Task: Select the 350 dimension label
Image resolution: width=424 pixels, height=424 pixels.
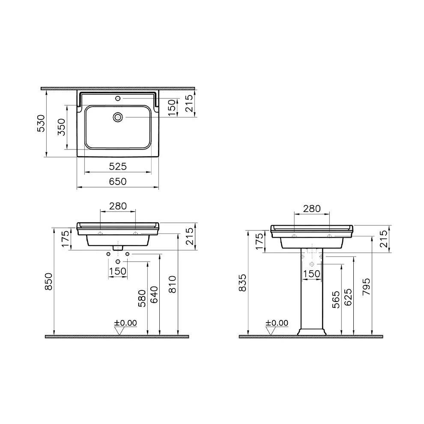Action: (61, 127)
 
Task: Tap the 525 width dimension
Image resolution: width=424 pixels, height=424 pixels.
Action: (117, 166)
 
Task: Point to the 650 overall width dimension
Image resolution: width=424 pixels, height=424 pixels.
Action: (117, 182)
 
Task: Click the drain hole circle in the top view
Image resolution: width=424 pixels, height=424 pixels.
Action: (118, 116)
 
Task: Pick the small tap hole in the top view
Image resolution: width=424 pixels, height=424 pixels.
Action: (117, 99)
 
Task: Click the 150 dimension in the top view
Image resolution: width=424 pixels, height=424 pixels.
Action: (172, 107)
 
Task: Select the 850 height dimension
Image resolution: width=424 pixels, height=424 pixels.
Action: (49, 281)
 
